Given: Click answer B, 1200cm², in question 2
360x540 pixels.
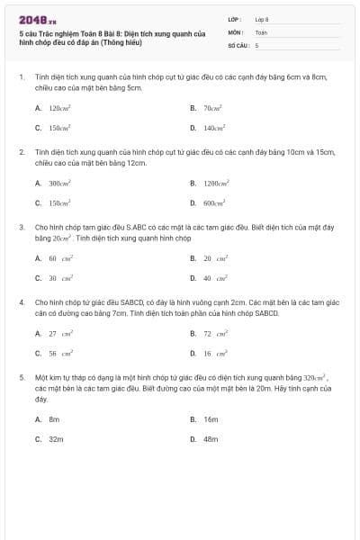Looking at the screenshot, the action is pyautogui.click(x=215, y=183).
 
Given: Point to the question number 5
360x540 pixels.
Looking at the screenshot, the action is pyautogui.click(x=22, y=378).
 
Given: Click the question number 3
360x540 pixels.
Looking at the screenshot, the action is pyautogui.click(x=22, y=228).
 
